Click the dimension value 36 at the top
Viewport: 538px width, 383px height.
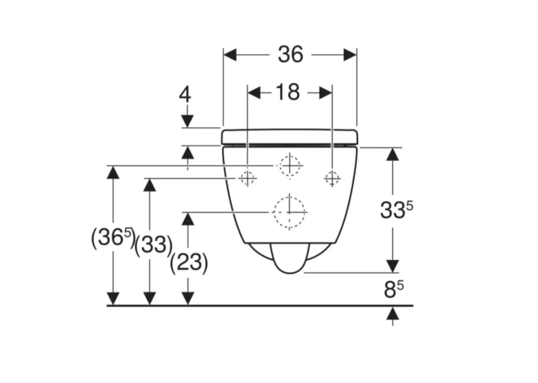[291, 54]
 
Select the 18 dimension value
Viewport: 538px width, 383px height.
[287, 92]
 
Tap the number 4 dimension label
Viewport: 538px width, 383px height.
[185, 94]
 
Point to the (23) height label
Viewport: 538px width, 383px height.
[189, 263]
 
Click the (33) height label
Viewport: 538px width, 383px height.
[153, 245]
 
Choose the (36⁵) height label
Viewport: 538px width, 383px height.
[113, 238]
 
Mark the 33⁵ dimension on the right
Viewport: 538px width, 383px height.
[397, 209]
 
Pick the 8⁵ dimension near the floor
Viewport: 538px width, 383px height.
[393, 290]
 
